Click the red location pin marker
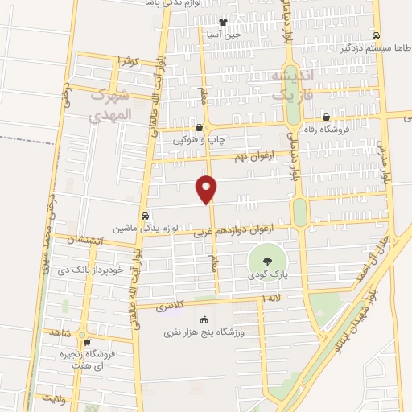coord(207,188)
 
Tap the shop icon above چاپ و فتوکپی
coord(200,127)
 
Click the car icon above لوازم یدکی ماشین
coord(145,216)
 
